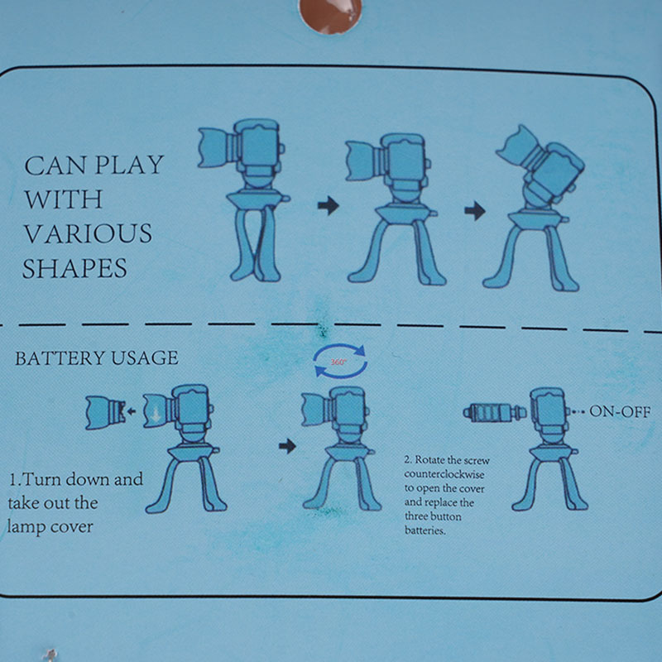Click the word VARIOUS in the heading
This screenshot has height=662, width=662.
(88, 233)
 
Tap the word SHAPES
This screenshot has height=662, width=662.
(74, 268)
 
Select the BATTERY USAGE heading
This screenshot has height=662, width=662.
(97, 358)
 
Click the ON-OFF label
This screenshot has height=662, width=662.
(620, 411)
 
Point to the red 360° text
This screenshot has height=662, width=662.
(338, 362)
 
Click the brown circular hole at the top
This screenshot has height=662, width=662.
(330, 15)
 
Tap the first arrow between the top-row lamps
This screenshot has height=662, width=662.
(329, 205)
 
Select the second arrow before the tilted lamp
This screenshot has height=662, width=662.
(475, 211)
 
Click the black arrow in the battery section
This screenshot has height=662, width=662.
(287, 446)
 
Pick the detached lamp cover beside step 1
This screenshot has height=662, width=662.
(106, 413)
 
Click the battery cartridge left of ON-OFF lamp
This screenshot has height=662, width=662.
(494, 412)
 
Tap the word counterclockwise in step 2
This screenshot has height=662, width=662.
(444, 474)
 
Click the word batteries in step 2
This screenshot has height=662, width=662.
(425, 530)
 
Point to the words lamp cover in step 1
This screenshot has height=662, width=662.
(50, 527)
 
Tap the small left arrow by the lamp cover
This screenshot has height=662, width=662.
(132, 410)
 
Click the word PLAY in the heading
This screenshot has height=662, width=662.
(129, 165)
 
